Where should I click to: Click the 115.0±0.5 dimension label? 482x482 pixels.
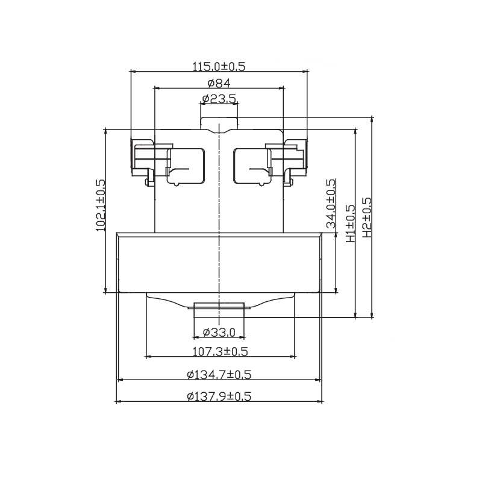pos(219,66)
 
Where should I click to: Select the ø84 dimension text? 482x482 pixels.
pos(219,83)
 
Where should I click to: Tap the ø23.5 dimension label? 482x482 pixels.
pos(219,99)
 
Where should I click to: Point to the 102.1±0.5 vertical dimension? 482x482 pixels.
pos(101,205)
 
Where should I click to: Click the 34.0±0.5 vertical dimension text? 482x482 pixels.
pos(331,204)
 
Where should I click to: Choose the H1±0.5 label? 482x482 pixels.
pos(351,224)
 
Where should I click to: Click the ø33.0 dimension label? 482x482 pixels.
pos(219,332)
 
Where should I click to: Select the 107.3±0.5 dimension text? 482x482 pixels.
pos(219,351)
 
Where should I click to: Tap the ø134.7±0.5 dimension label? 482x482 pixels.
pos(219,375)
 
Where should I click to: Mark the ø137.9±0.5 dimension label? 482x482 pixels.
pos(219,396)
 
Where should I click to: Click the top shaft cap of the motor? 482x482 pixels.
pos(219,124)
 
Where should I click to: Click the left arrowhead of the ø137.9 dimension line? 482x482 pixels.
pos(117,401)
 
